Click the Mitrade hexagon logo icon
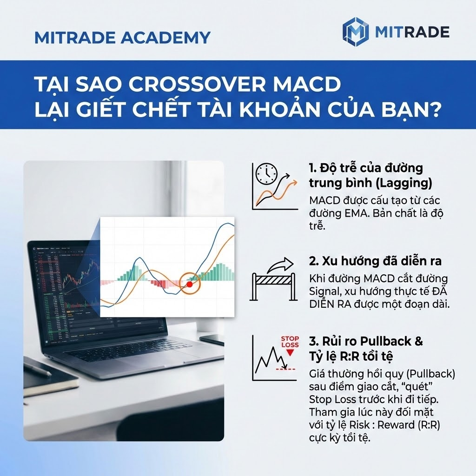coord(355,32)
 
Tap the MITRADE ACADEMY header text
coord(122,37)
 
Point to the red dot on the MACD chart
coord(189,284)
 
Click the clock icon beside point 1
coord(266,174)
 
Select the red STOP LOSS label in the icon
coord(290,342)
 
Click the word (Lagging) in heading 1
coord(403,183)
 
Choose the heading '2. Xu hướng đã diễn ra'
coord(375,261)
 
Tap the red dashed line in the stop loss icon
coord(285,369)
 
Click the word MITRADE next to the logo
coord(411,32)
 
